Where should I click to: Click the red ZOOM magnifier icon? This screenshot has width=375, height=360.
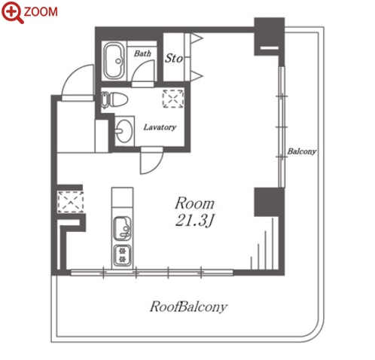tap(12, 12)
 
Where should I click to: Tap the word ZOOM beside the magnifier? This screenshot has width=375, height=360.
tap(41, 12)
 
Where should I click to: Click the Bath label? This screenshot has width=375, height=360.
tap(142, 53)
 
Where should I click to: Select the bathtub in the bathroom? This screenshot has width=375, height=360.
tap(114, 61)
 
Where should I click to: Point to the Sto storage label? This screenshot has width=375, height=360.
tap(174, 58)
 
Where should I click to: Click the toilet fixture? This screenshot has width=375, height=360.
tap(114, 100)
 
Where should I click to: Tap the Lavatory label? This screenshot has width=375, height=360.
tap(160, 127)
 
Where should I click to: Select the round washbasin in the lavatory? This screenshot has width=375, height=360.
tap(123, 131)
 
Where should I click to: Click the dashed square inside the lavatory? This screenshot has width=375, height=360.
tap(173, 99)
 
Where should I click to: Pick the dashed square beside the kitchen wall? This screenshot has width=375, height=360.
tap(70, 202)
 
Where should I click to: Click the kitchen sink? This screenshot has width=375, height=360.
tap(122, 228)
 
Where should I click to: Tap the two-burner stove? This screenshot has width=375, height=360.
tap(122, 255)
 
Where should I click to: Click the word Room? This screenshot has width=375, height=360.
tap(194, 203)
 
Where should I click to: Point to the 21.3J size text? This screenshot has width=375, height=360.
tap(194, 221)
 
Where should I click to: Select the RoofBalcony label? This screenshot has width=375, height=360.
tap(188, 307)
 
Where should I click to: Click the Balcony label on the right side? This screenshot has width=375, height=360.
tap(302, 151)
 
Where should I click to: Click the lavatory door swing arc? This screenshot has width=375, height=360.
tap(157, 166)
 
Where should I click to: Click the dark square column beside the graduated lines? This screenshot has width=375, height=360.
tap(269, 202)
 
